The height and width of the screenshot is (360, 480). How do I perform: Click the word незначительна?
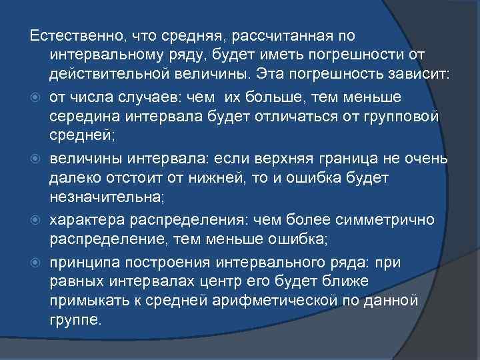pyautogui.click(x=101, y=197)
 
